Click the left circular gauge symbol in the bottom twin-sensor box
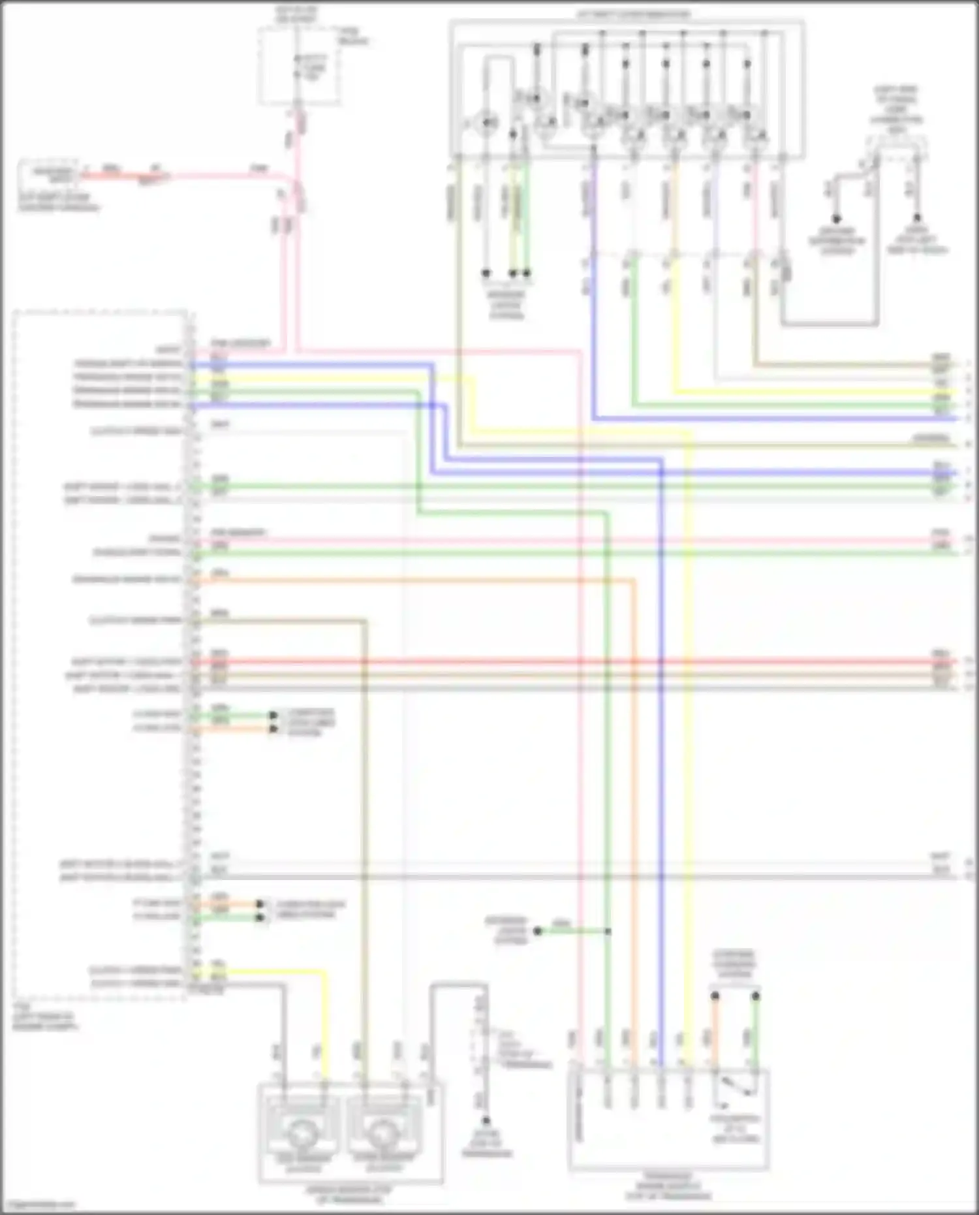(301, 1135)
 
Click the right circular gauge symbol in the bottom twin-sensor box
(384, 1135)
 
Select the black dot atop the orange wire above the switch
(715, 996)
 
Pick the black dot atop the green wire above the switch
(755, 996)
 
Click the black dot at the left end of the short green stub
(538, 931)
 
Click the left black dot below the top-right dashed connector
(836, 219)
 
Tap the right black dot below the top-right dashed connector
(916, 219)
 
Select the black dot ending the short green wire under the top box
(527, 273)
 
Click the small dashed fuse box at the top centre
(300, 65)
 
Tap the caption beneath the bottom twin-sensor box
(349, 1194)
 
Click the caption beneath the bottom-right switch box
(668, 1186)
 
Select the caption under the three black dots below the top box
(506, 305)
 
